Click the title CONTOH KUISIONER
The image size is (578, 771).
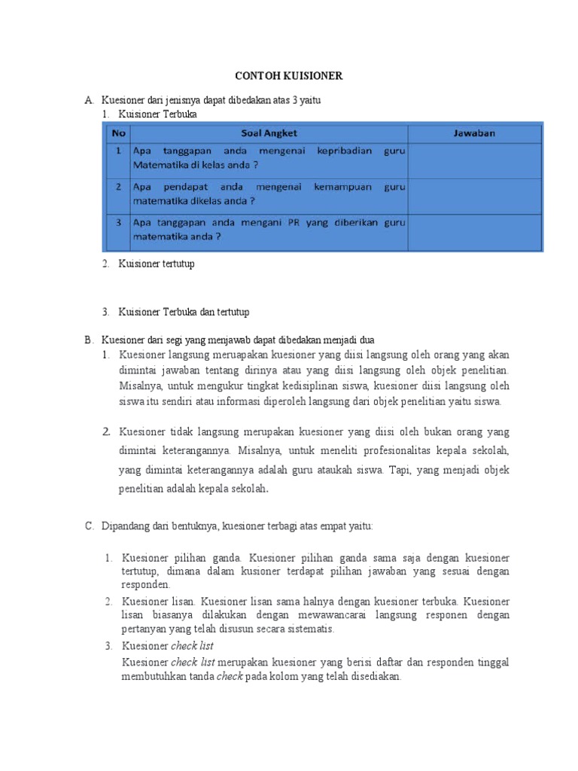tap(290, 76)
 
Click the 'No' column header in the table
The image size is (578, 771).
tap(117, 133)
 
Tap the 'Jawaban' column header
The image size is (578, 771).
tap(474, 133)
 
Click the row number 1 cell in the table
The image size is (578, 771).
tap(117, 151)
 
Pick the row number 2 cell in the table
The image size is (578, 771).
tap(117, 187)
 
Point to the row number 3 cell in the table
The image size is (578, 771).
tap(117, 222)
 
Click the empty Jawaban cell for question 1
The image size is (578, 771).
tap(474, 159)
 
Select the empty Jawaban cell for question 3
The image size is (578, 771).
tap(474, 230)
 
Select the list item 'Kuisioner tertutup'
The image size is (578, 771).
tap(156, 264)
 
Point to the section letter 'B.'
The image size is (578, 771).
tap(89, 340)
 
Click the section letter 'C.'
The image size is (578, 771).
tap(89, 526)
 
